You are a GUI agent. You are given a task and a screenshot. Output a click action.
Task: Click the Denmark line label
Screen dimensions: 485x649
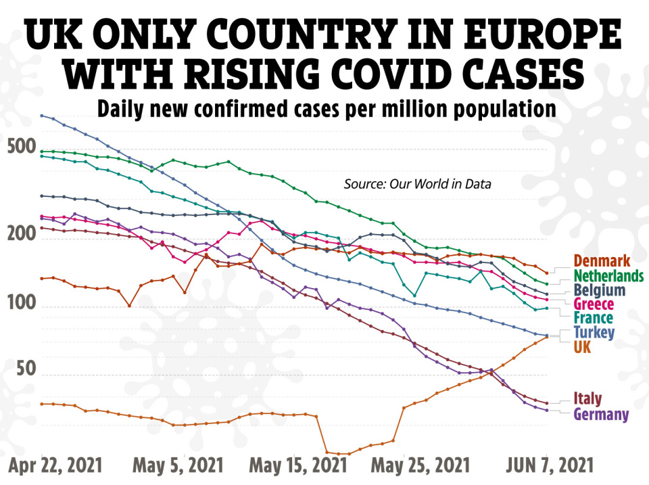[x=601, y=261]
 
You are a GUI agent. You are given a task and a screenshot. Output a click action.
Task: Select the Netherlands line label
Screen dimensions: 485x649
[x=608, y=276]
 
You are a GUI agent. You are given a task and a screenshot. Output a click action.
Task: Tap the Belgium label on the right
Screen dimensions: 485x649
[x=598, y=290]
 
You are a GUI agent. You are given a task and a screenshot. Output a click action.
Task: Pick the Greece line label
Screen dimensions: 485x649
[x=594, y=304]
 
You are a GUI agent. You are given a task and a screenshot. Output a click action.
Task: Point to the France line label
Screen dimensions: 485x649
[x=593, y=318]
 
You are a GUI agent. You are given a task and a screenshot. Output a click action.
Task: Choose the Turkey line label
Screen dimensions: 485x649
[x=594, y=332]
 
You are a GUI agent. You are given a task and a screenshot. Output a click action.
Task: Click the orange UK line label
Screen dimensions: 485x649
[x=582, y=347]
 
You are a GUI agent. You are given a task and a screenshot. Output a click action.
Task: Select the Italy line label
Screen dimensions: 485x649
[x=587, y=398]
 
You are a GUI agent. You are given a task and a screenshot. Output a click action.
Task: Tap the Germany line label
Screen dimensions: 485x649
[x=601, y=414]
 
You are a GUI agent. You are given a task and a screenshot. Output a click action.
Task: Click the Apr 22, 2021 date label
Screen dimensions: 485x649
[x=56, y=466]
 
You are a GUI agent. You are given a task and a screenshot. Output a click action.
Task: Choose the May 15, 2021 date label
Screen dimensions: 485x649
[x=298, y=466]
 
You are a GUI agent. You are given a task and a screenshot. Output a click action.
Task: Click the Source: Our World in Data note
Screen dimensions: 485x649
[x=417, y=184]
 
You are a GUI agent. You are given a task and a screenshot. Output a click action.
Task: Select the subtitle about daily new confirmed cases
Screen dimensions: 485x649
[x=326, y=108]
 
